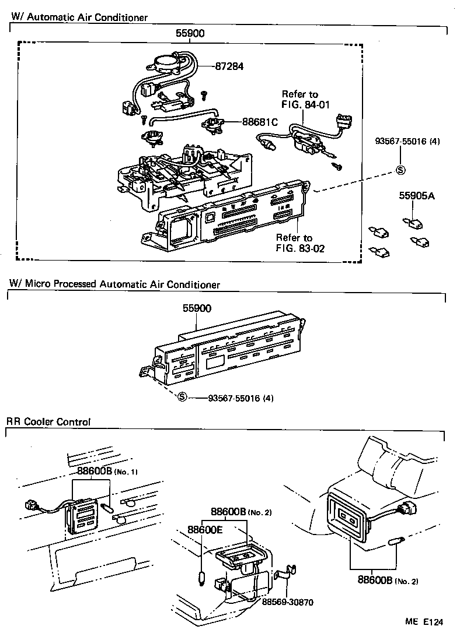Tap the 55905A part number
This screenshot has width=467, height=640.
(417, 196)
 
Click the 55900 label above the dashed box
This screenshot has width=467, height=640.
(190, 34)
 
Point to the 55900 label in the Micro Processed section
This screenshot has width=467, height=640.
(196, 308)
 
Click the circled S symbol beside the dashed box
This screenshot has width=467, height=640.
(400, 170)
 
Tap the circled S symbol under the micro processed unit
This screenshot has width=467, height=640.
(182, 398)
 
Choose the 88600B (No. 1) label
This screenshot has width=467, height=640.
(106, 471)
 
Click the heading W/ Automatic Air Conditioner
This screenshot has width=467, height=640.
(79, 17)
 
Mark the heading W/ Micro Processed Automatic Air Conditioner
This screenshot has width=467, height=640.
(114, 284)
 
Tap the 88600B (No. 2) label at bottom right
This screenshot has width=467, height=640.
(386, 581)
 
